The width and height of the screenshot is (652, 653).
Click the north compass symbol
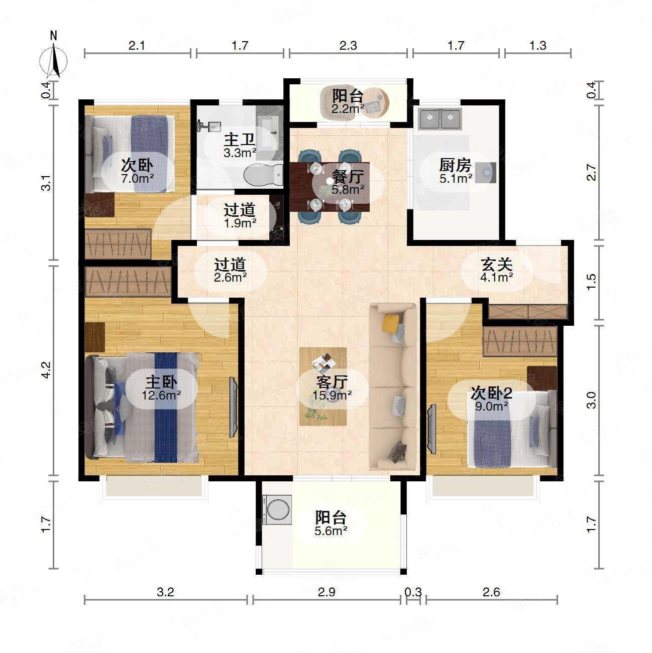click(54, 59)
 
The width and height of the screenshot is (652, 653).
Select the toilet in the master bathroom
click(263, 174)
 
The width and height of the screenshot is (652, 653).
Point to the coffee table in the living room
click(323, 386)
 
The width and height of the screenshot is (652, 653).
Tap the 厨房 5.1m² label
click(456, 171)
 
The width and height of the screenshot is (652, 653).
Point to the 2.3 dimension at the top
click(348, 45)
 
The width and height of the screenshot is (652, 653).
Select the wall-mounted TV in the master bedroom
click(233, 407)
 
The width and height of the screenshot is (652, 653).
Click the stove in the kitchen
click(485, 173)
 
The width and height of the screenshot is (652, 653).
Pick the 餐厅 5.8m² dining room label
click(348, 182)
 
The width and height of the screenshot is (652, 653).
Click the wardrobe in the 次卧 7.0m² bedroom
click(118, 244)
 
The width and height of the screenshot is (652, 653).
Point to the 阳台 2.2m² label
click(348, 102)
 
